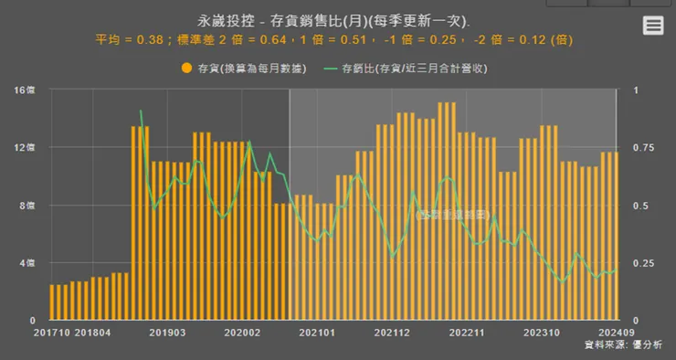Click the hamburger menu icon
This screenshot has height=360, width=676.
pos(652,26)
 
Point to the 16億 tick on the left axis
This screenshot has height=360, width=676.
pos(25,90)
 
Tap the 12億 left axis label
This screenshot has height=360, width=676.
pos(25,148)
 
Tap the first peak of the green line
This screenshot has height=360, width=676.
pos(141,111)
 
